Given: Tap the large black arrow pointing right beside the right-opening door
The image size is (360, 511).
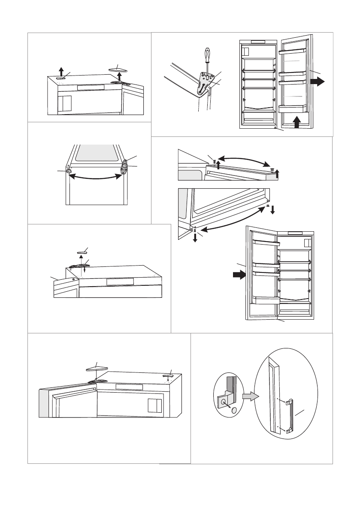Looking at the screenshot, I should (318, 82).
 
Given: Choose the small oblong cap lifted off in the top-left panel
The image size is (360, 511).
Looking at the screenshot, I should (61, 78).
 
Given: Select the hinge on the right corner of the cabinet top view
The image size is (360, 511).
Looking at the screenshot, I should (124, 166).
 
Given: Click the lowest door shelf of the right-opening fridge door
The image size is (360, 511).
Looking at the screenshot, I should (293, 107).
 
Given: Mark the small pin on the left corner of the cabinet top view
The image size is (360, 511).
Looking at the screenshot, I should (69, 171).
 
